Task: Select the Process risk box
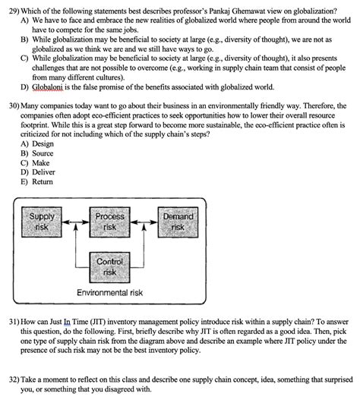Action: click(110, 222)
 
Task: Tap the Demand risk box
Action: click(178, 222)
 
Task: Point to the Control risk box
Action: click(110, 266)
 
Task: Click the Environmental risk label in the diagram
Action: click(110, 293)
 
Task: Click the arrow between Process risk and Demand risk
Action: click(144, 223)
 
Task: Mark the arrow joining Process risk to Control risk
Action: click(110, 244)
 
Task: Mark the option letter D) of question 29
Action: click(25, 87)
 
